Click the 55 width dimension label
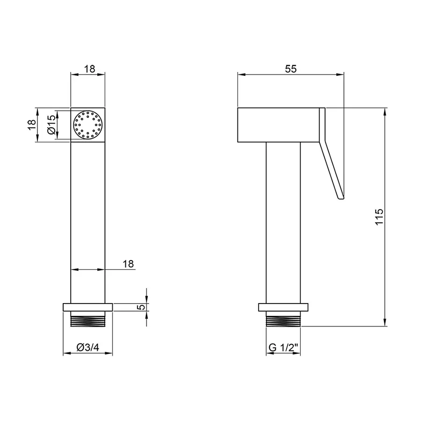(291, 69)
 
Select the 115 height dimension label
(379, 217)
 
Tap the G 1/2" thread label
(283, 348)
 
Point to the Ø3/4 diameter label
(88, 348)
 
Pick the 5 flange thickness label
(141, 306)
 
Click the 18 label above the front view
(90, 69)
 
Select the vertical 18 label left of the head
(32, 125)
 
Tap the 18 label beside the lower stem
(128, 264)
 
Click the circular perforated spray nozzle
(88, 125)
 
